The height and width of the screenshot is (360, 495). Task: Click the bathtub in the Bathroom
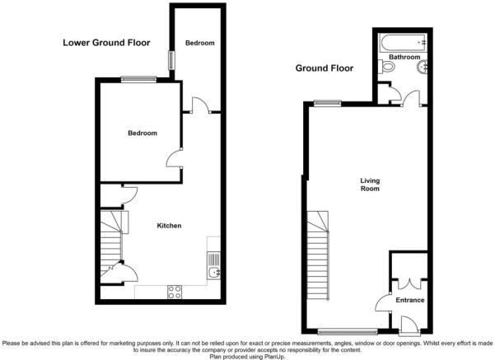pos(401,42)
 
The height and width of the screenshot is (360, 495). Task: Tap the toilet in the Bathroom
pos(385,68)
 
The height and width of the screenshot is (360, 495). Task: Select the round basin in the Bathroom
pos(422,68)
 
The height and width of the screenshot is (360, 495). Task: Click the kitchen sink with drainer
pos(213,266)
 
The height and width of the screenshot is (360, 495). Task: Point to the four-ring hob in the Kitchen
pos(175,290)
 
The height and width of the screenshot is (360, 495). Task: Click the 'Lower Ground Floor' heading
pos(106,43)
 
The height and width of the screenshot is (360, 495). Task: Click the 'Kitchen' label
pos(170,226)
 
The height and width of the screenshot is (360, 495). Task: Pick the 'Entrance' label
pos(409,300)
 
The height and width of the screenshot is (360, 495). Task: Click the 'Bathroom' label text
pos(404,57)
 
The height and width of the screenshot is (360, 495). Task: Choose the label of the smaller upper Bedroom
pos(200,43)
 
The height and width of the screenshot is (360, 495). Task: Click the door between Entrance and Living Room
pos(383,304)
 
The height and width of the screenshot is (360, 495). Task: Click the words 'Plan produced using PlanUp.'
pos(247,355)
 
